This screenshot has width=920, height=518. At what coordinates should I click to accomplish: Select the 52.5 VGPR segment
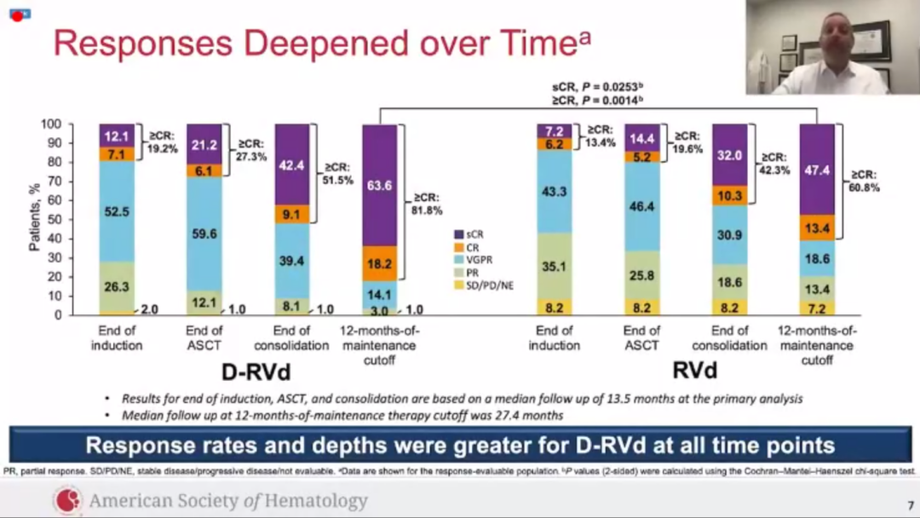coord(117,211)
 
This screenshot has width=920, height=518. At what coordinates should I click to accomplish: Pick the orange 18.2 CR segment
coord(380,264)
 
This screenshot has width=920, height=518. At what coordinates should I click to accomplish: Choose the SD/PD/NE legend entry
coord(489,285)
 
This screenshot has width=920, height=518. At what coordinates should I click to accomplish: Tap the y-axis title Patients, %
coord(35,219)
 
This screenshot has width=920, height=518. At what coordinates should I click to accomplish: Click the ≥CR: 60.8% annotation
coord(864,181)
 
